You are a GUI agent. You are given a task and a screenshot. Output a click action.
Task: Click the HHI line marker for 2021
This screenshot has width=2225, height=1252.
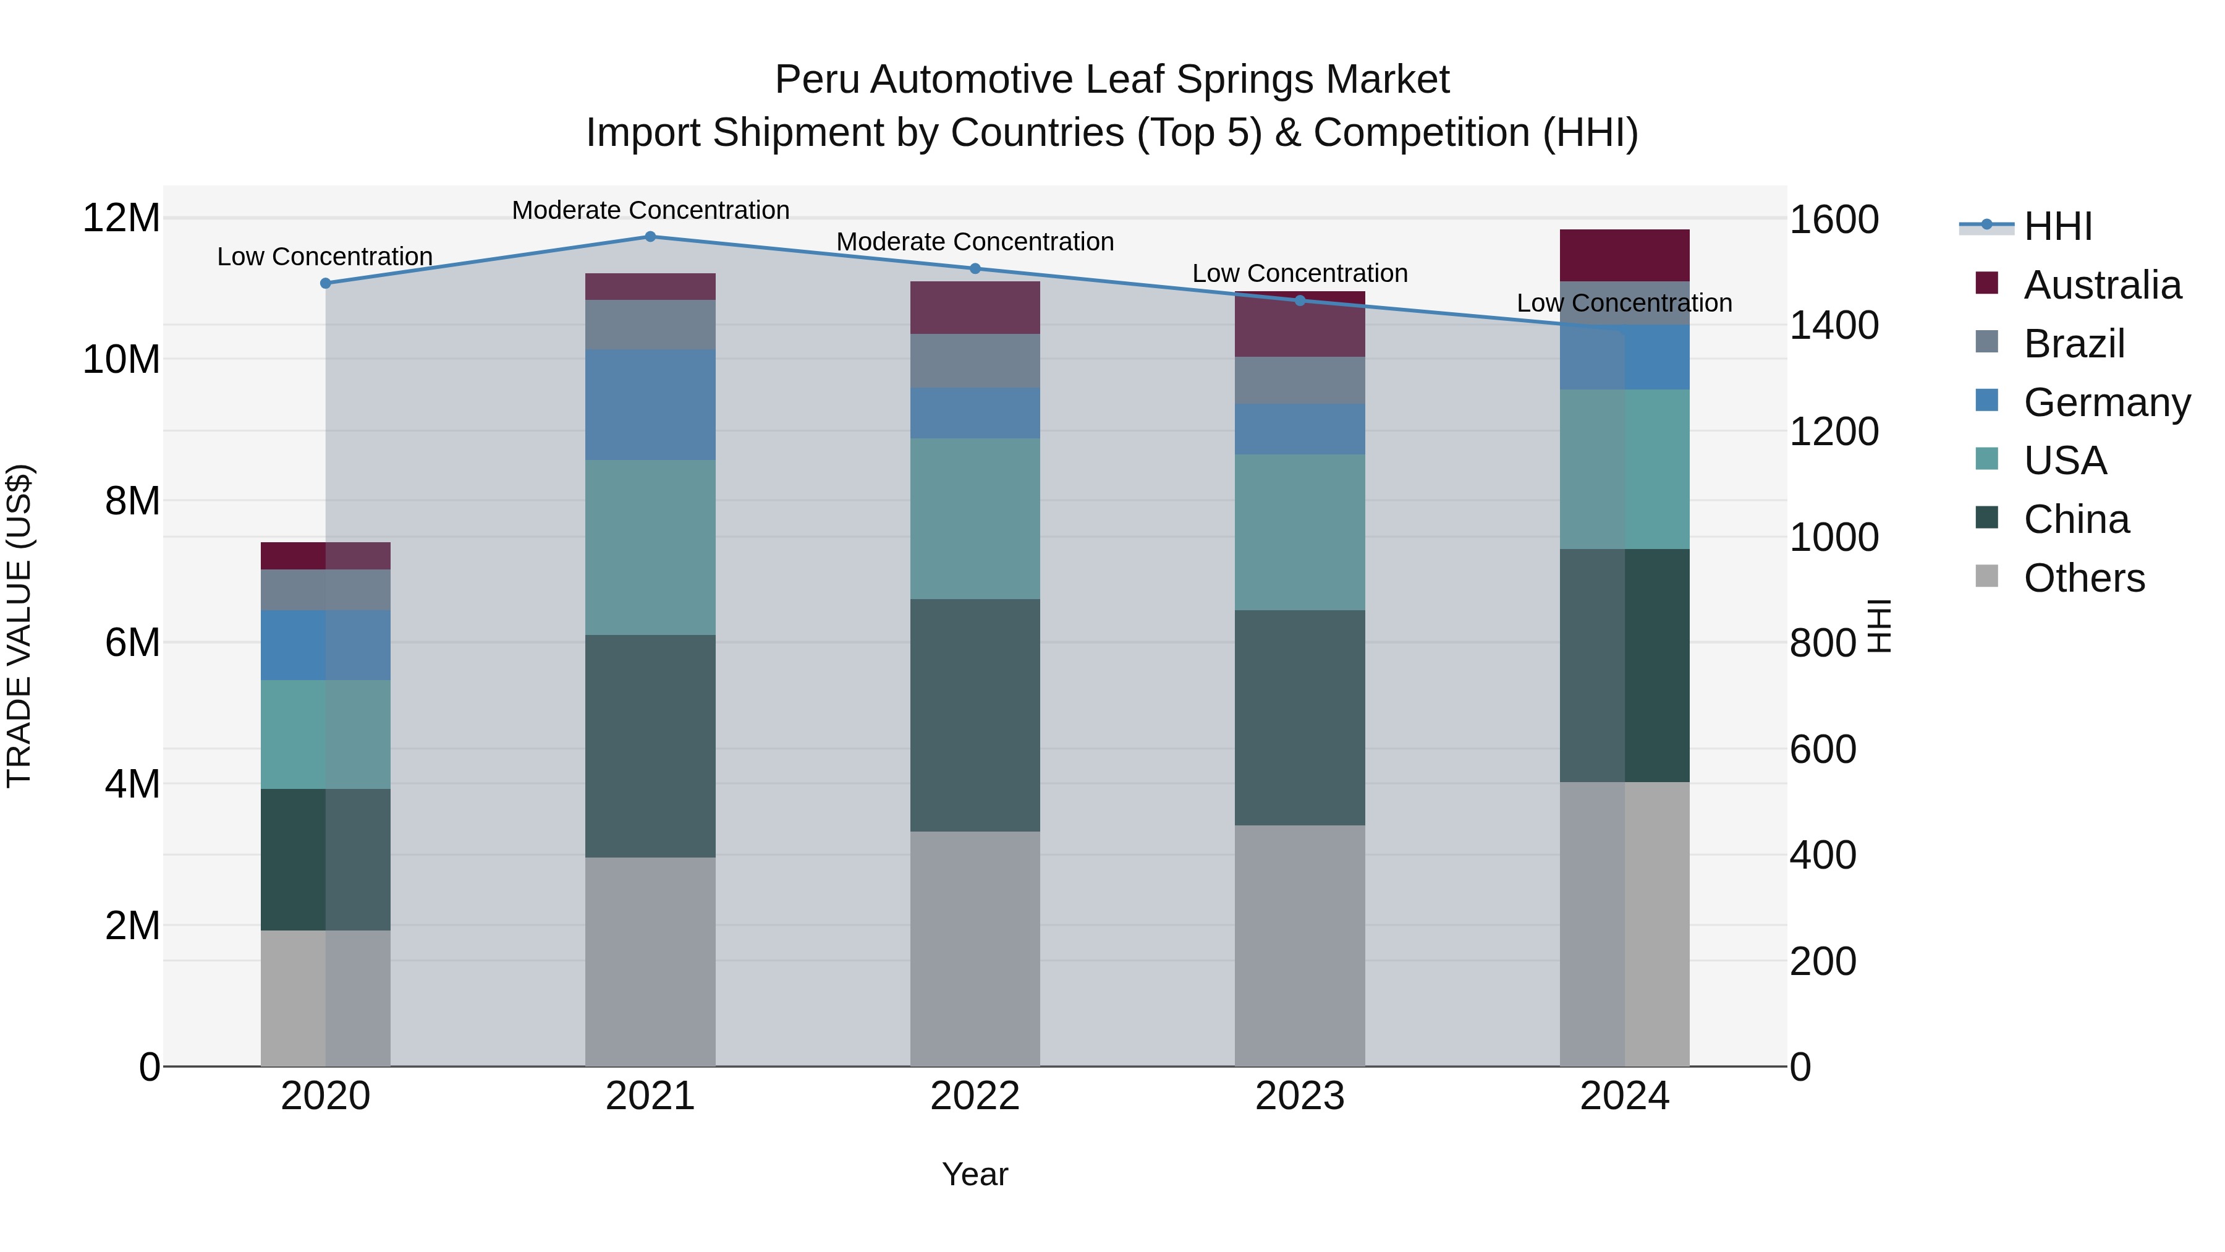tap(650, 237)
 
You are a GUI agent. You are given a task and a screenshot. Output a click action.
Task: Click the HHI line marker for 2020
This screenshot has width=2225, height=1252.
tap(326, 283)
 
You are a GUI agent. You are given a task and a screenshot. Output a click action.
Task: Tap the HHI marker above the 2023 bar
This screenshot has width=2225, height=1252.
tap(1300, 300)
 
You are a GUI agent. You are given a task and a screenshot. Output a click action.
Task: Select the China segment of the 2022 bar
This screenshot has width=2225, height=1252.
tap(975, 715)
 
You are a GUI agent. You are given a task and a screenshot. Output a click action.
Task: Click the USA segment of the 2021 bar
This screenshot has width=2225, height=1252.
tap(650, 548)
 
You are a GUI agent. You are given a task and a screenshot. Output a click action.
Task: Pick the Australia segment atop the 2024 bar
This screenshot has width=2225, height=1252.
tap(1625, 256)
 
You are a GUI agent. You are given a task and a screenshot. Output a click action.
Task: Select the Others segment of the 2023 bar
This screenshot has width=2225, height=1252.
tap(1300, 945)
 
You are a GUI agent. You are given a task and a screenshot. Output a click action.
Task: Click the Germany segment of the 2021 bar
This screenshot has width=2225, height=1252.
tap(650, 404)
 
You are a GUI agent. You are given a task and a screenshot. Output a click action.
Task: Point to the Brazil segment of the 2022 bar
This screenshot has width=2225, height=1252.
tap(975, 361)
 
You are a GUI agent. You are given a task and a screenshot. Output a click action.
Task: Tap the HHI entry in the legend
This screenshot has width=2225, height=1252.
tap(2058, 226)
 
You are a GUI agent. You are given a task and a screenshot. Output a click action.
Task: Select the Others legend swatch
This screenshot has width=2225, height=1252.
tap(1986, 576)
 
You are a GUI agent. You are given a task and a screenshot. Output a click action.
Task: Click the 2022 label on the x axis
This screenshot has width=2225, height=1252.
tap(975, 1096)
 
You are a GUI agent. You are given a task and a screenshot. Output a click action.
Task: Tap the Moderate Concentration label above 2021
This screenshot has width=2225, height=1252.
tap(650, 210)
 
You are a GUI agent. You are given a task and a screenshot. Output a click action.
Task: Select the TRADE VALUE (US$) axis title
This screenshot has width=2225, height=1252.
tap(19, 626)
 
